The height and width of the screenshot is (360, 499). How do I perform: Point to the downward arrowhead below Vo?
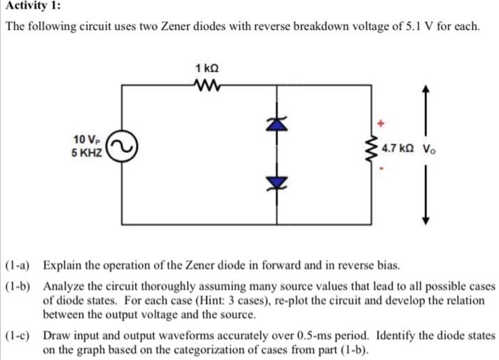coord(427,220)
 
